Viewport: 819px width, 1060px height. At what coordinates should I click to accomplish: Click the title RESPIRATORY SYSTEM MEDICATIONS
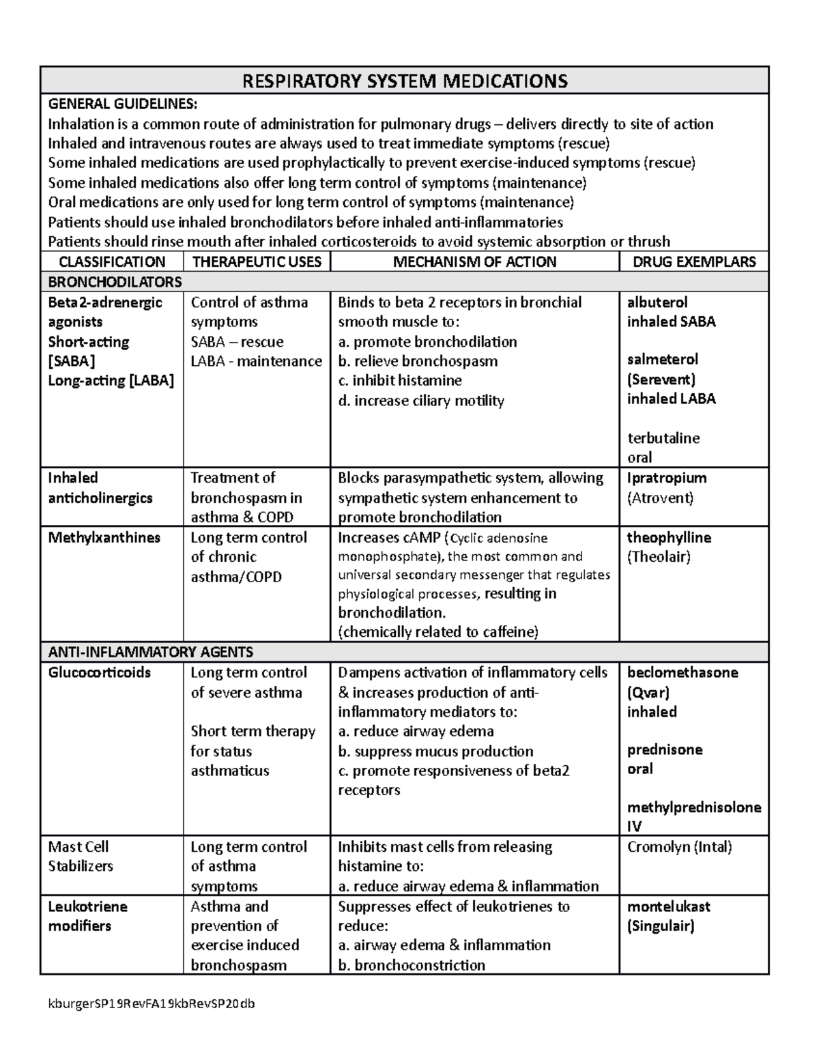[405, 81]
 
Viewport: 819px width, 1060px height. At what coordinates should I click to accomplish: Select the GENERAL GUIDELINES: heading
[123, 104]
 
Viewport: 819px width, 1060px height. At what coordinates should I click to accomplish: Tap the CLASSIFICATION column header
[112, 261]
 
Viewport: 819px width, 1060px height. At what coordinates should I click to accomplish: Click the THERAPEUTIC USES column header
[257, 261]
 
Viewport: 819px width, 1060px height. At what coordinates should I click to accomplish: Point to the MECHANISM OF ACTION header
[474, 261]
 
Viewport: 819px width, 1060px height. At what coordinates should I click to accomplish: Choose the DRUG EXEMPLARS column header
[694, 261]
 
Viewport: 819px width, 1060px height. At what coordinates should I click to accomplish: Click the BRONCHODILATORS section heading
[115, 282]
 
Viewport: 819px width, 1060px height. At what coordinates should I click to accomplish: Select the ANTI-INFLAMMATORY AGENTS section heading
[150, 652]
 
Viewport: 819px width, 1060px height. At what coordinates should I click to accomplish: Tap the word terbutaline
[663, 438]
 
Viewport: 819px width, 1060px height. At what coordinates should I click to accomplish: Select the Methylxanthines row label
[104, 538]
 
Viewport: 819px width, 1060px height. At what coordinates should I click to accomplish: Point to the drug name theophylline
[669, 538]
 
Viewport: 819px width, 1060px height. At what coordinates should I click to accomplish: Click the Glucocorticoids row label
[99, 673]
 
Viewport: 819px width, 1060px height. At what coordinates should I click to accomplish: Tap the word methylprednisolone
[694, 807]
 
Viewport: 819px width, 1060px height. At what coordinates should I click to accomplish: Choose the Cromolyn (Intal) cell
[679, 847]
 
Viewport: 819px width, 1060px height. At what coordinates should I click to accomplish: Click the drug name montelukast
[668, 907]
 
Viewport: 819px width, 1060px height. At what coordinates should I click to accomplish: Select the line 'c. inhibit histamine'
[400, 381]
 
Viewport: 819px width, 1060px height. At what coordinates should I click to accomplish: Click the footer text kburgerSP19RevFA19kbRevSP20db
[150, 1004]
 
